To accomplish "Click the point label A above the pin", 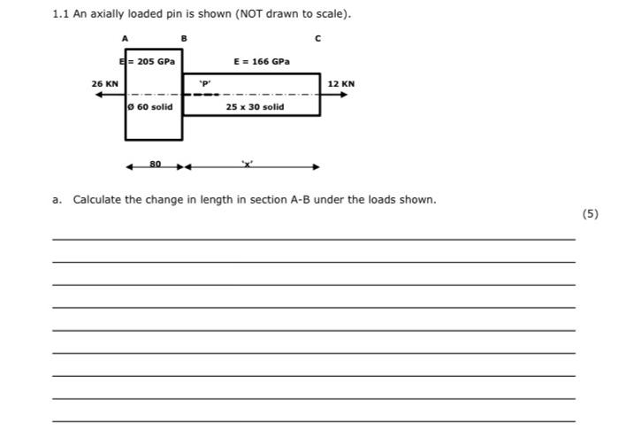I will pyautogui.click(x=125, y=39).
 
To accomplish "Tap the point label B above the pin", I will pyautogui.click(x=183, y=39).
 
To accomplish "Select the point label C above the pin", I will pyautogui.click(x=318, y=39).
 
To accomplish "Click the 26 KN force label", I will pyautogui.click(x=104, y=83).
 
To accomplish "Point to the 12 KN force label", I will pyautogui.click(x=340, y=83).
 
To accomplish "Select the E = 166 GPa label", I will pyautogui.click(x=261, y=62).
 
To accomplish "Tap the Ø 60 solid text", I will pyautogui.click(x=150, y=106).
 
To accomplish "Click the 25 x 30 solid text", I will pyautogui.click(x=255, y=106).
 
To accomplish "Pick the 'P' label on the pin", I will pyautogui.click(x=205, y=83).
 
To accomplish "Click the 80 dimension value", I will pyautogui.click(x=155, y=164).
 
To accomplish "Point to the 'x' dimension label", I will pyautogui.click(x=248, y=164).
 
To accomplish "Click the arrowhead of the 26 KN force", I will pyautogui.click(x=100, y=94).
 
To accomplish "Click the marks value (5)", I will pyautogui.click(x=591, y=213).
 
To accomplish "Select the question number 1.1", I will pyautogui.click(x=60, y=15).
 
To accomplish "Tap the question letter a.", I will pyautogui.click(x=57, y=200).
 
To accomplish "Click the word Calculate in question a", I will pyautogui.click(x=97, y=200).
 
